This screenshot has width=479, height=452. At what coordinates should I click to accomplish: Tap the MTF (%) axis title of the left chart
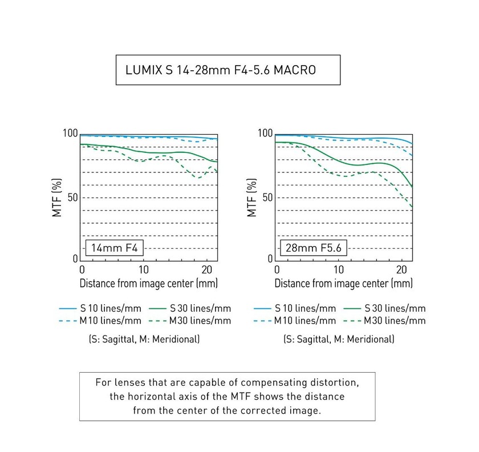coord(57,197)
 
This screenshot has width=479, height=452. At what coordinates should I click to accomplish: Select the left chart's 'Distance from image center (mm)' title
coord(149,283)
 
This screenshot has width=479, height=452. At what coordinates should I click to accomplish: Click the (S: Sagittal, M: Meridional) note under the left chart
coord(144,339)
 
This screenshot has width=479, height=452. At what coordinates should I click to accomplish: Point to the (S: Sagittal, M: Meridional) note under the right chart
coord(339,339)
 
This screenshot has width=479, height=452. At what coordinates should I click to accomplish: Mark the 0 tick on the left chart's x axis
coord(82,269)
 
